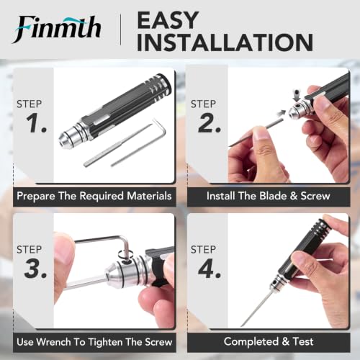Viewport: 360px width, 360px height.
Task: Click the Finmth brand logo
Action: pos(57,29)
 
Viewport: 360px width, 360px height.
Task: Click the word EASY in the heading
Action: pos(168,20)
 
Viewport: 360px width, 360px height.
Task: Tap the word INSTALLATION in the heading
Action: pos(225,42)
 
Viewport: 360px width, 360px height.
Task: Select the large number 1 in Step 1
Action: pos(36,123)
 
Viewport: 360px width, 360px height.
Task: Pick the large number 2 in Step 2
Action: pos(210,123)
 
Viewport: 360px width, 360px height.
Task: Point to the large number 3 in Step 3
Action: pos(35,269)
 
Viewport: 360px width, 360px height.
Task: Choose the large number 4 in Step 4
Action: pos(210,269)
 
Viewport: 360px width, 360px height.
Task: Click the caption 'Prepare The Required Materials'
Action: pos(94,196)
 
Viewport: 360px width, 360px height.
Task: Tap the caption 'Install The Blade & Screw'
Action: pos(269,196)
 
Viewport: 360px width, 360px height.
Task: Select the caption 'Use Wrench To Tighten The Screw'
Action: pos(94,342)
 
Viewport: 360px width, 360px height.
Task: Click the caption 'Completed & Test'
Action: pos(269,341)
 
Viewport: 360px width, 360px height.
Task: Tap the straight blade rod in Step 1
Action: pos(117,145)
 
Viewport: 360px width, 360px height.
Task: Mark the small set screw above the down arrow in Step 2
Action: pos(297,91)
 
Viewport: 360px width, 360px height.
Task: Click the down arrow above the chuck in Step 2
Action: pos(297,96)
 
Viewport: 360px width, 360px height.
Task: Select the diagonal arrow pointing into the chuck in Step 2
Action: pos(281,114)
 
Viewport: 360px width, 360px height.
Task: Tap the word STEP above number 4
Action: pos(203,250)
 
